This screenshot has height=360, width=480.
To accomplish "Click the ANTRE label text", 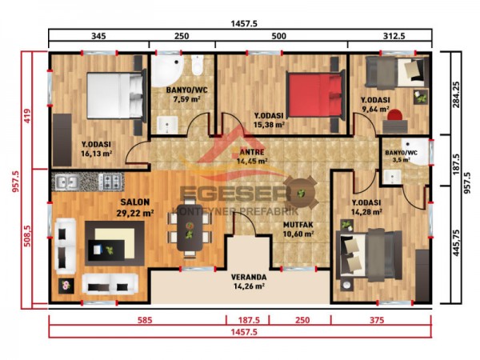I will point(254,150).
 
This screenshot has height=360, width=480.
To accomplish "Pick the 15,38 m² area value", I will point(270,125).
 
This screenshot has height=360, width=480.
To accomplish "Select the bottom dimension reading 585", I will point(137,320).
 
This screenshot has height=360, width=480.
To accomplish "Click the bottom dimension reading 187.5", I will point(247,320).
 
